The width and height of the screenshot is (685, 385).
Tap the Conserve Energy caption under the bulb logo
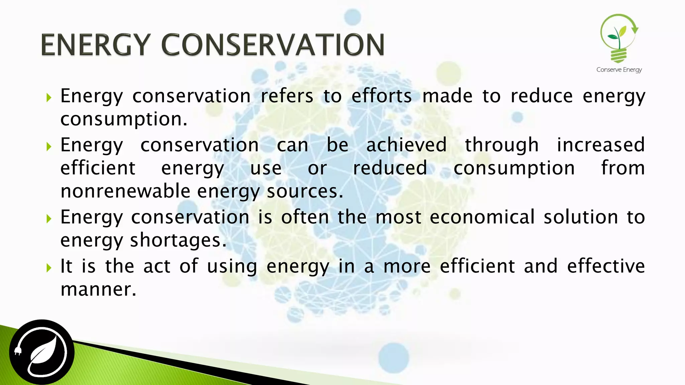click(x=619, y=70)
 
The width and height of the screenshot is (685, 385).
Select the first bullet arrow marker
click(x=49, y=98)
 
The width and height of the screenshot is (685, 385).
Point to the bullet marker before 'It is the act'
click(x=49, y=267)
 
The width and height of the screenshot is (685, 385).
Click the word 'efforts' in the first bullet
click(x=382, y=96)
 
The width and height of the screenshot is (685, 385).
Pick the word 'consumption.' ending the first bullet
click(x=124, y=119)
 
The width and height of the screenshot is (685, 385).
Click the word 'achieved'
click(x=406, y=145)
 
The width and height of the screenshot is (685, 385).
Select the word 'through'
click(x=502, y=145)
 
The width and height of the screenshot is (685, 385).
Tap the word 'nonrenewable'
click(x=125, y=191)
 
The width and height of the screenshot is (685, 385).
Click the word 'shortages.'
click(x=178, y=240)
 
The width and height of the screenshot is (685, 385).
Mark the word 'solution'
click(x=581, y=217)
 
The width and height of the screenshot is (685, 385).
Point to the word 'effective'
click(x=606, y=266)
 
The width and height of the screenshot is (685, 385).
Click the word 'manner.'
click(x=99, y=289)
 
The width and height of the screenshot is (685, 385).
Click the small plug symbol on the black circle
click(x=18, y=351)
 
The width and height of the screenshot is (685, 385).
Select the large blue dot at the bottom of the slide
click(x=394, y=357)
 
